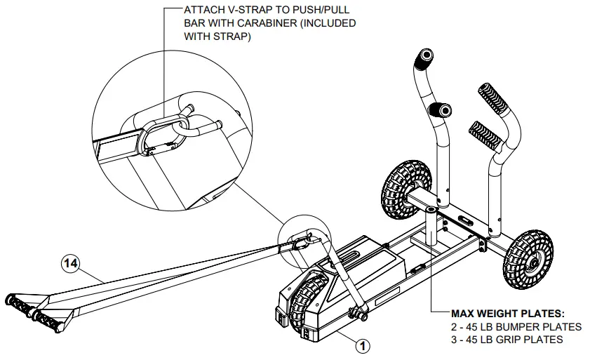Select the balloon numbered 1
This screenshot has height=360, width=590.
pos(363,345)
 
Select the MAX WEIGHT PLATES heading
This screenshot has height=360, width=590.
pos(508,314)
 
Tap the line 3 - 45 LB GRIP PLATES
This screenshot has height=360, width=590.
pos(507,339)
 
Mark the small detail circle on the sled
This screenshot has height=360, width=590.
pos(303,241)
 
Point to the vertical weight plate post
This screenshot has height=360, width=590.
pos(429,223)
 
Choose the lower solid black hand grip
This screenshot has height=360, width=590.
pos(441,111)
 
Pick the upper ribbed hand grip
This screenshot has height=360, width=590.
pos(494,100)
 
